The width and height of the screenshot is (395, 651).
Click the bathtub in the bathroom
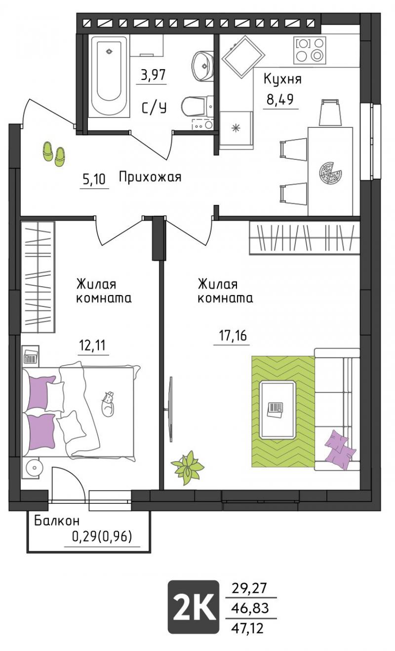[x=109, y=76]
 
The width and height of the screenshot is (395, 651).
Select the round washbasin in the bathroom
[x=202, y=66]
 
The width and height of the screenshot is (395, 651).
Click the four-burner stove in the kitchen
[x=309, y=50]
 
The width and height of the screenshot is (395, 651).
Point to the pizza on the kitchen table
[x=330, y=173]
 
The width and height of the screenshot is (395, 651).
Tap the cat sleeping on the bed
[x=108, y=403]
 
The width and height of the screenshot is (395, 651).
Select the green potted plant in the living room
[x=188, y=467]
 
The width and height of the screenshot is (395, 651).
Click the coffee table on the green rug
[x=277, y=410]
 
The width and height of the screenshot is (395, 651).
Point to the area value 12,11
[x=92, y=345]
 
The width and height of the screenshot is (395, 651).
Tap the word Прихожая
[x=150, y=177]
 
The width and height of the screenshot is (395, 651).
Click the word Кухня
[x=282, y=79]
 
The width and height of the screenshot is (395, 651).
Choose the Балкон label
[x=57, y=521]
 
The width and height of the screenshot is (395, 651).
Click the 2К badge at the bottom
[x=193, y=607]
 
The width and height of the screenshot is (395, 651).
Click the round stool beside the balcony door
[x=34, y=468]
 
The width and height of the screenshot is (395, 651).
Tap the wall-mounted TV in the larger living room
[x=171, y=410]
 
